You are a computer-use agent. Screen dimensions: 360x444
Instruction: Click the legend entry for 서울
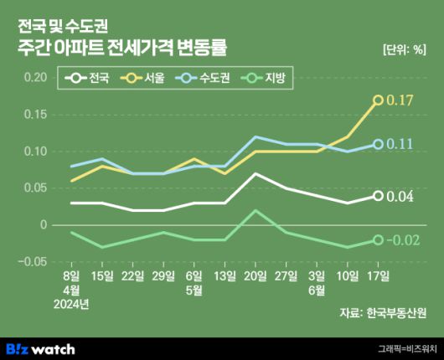(142, 80)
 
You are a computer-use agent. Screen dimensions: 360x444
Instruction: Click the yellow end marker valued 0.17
(378, 100)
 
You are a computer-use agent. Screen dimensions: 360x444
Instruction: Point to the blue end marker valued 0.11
(378, 144)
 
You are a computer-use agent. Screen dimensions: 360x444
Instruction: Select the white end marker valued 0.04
(378, 196)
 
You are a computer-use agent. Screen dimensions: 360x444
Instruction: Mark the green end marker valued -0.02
(378, 239)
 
